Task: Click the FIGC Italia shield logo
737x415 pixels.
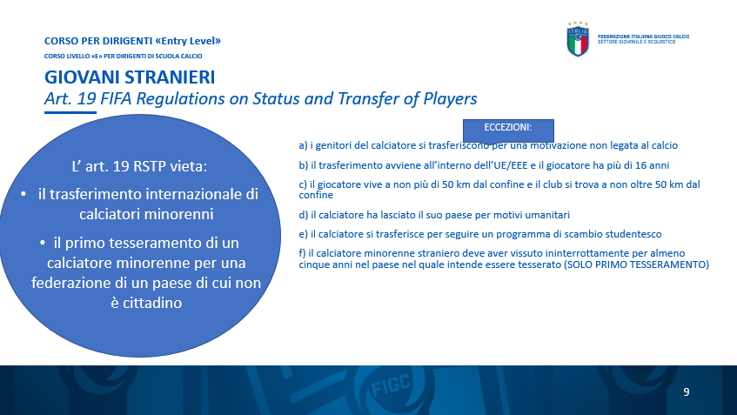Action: click(578, 39)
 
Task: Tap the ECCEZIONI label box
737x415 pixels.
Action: click(508, 131)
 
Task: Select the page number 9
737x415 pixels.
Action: click(687, 392)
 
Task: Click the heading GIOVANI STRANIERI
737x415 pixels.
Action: click(130, 77)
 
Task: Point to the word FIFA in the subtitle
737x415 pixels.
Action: click(116, 98)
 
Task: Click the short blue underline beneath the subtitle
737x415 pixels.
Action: click(70, 112)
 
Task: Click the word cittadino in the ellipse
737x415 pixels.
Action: click(146, 303)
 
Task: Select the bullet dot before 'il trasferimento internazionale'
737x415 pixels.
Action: click(23, 194)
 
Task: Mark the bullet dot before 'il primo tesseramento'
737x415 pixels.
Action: click(43, 243)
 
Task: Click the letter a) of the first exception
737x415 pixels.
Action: click(303, 145)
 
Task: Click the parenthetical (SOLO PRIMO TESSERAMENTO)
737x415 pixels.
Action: click(636, 264)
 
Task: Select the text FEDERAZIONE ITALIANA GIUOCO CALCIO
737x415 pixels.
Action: click(643, 37)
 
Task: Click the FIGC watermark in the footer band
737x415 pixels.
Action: click(391, 385)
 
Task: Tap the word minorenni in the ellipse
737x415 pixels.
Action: click(146, 214)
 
